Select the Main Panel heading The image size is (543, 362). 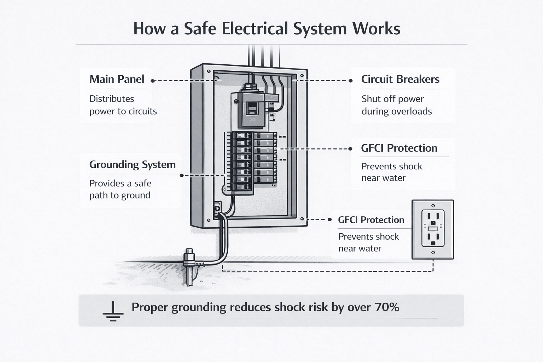(x=117, y=79)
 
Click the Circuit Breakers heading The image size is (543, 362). (x=400, y=79)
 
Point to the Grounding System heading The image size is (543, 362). (x=132, y=164)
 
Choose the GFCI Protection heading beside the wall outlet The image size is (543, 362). (x=371, y=220)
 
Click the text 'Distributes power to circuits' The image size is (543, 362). (x=123, y=105)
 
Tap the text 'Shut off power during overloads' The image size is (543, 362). (x=396, y=105)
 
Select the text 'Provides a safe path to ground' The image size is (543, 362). (x=120, y=189)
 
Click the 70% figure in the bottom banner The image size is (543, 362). (x=387, y=307)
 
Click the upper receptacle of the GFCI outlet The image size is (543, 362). (x=433, y=216)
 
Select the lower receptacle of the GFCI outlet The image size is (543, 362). (x=433, y=239)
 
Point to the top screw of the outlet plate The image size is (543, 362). (x=433, y=205)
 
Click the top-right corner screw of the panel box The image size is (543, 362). (x=302, y=75)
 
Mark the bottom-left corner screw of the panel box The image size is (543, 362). (x=209, y=220)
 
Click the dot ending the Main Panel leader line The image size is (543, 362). (x=152, y=81)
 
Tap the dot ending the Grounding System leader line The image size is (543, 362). (x=182, y=175)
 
